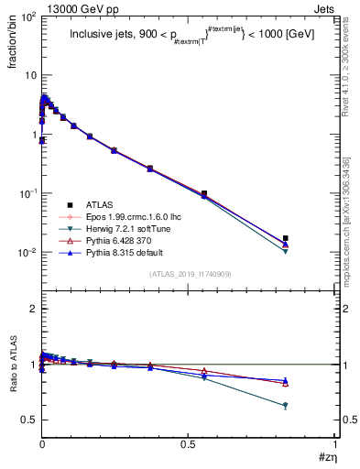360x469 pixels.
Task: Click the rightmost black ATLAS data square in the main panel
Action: coord(311,238)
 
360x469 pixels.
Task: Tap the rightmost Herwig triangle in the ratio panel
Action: coord(311,406)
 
